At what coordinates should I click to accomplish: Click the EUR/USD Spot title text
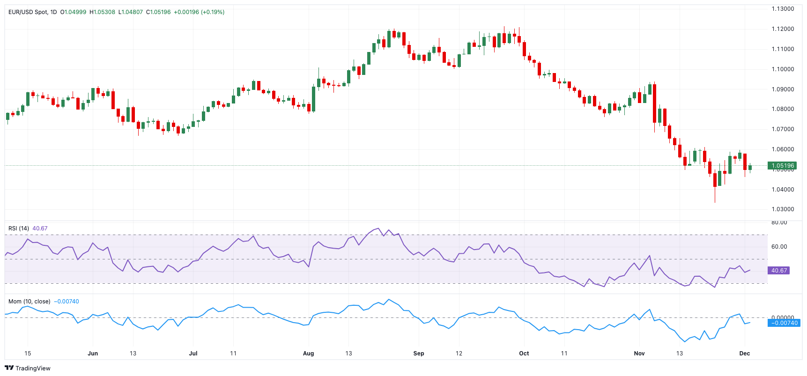coord(28,12)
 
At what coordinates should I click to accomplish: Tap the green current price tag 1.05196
coord(782,165)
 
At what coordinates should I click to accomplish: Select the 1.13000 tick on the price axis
coord(783,9)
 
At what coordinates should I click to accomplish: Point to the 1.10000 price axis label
coord(783,69)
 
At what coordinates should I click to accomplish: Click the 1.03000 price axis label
coord(783,209)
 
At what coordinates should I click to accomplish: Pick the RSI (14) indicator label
coord(19,229)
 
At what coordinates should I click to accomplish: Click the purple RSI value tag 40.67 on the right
coord(779,271)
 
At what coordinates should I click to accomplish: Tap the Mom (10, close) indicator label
coord(29,302)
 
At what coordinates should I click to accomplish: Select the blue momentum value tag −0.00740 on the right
coord(784,323)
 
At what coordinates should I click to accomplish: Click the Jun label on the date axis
coord(93,354)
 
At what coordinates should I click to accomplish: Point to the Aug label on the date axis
coord(308,354)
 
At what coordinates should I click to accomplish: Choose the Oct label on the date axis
coord(524,354)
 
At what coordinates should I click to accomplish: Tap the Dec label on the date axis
coord(744,354)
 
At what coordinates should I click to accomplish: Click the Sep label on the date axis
coord(418,354)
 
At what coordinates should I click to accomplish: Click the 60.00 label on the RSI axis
coord(779,247)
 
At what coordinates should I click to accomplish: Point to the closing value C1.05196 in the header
coord(158,12)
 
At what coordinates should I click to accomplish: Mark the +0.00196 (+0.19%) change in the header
coord(199,12)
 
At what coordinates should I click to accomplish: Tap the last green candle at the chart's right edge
coord(750,168)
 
